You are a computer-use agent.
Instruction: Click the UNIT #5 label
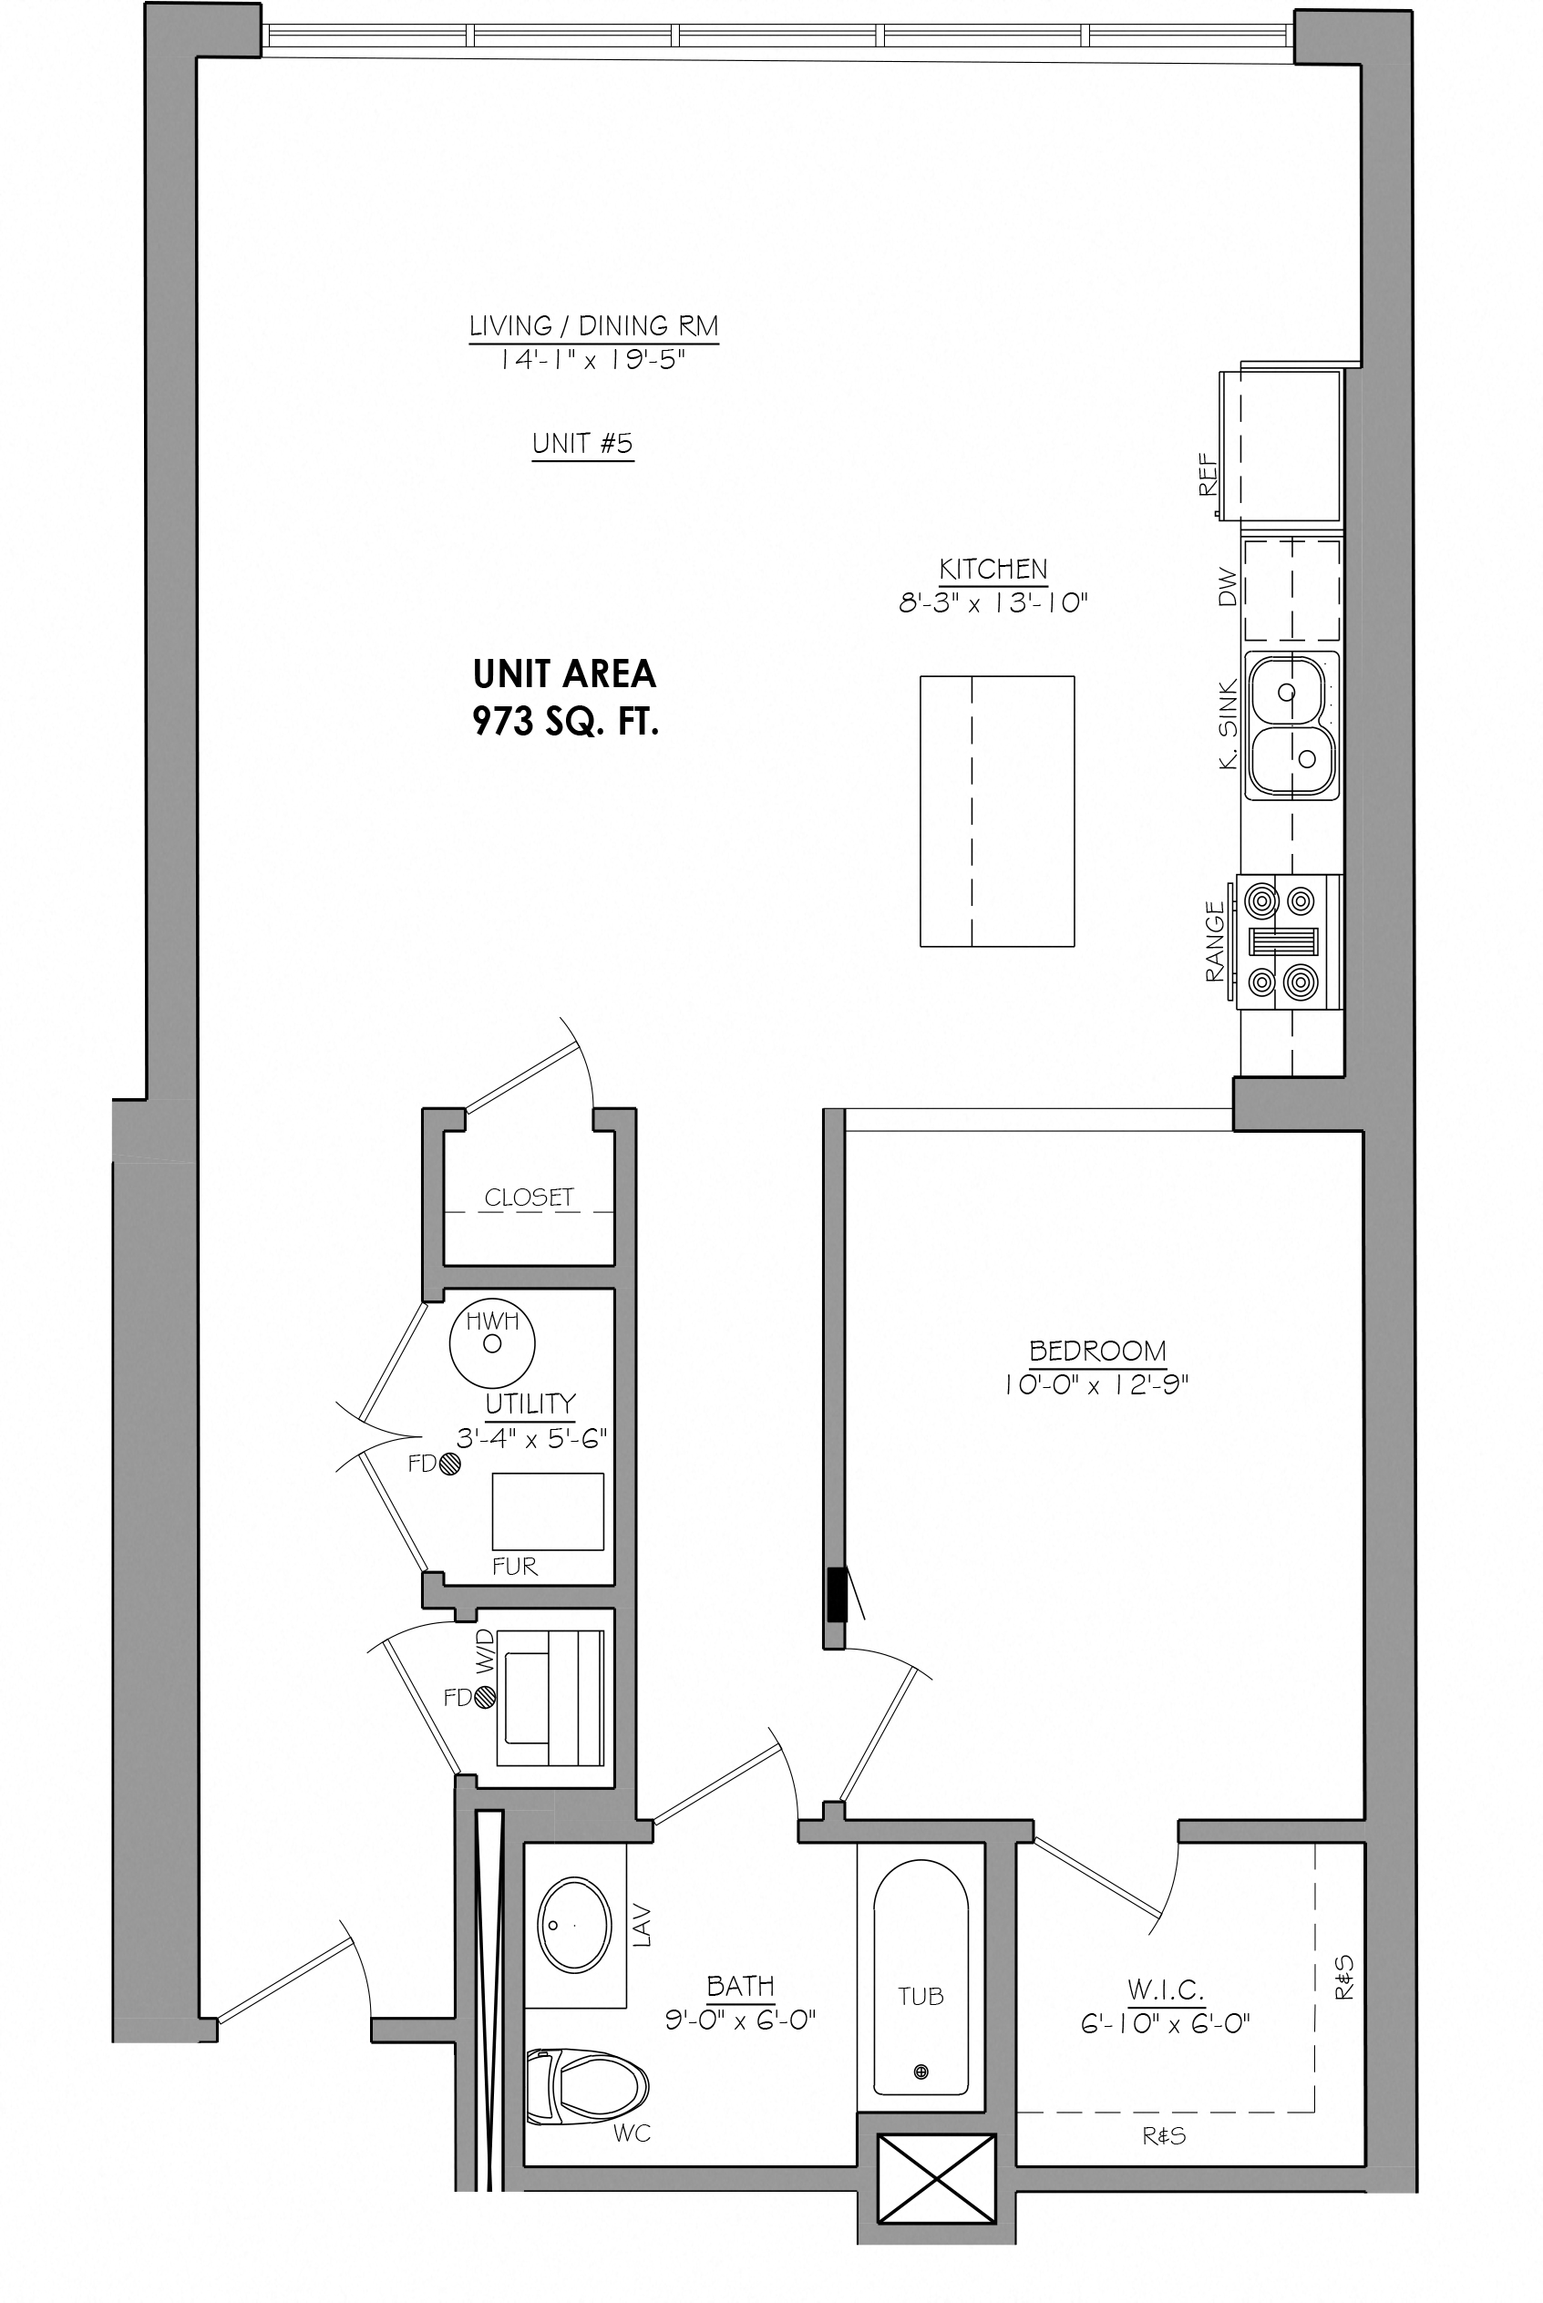click(582, 444)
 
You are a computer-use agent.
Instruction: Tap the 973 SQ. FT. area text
click(566, 722)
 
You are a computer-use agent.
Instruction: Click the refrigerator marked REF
click(1281, 446)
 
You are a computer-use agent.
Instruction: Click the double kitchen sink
click(1292, 725)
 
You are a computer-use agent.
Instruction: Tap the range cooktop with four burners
click(1289, 941)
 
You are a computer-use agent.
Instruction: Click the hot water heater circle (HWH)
click(492, 1344)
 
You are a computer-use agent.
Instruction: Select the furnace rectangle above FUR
click(548, 1512)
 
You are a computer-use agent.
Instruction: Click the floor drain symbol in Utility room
click(449, 1465)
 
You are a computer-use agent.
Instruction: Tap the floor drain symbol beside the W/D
click(484, 1697)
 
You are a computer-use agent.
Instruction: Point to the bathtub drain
click(921, 2072)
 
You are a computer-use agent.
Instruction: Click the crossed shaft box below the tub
click(937, 2178)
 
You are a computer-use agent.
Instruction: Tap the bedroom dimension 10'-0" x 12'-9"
click(1097, 1385)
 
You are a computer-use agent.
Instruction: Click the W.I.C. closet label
click(1165, 1989)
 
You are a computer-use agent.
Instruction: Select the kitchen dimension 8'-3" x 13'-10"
click(993, 603)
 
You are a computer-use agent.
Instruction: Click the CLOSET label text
click(529, 1198)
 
